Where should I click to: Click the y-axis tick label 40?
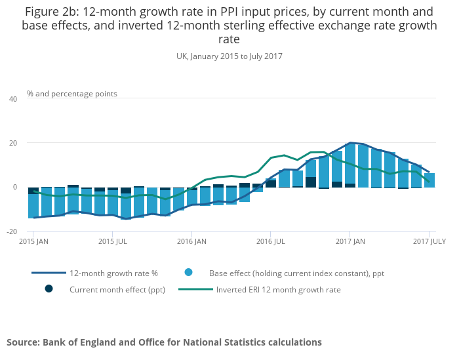(13, 99)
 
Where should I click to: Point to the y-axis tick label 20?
(13, 143)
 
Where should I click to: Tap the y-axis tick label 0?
(15, 187)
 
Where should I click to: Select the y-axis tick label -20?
(12, 231)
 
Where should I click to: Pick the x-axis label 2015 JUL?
(112, 241)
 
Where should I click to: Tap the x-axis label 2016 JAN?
(191, 241)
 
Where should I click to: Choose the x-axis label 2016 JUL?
(270, 241)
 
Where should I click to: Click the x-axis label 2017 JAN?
(349, 241)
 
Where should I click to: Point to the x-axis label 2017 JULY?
(429, 241)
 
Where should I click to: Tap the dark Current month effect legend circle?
(49, 289)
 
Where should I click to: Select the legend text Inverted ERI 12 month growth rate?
(278, 289)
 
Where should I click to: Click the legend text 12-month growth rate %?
(113, 273)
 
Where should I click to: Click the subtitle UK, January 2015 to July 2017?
(229, 56)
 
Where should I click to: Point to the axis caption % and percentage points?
(72, 94)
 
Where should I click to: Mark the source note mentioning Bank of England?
(164, 342)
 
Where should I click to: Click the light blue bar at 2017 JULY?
(429, 180)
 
